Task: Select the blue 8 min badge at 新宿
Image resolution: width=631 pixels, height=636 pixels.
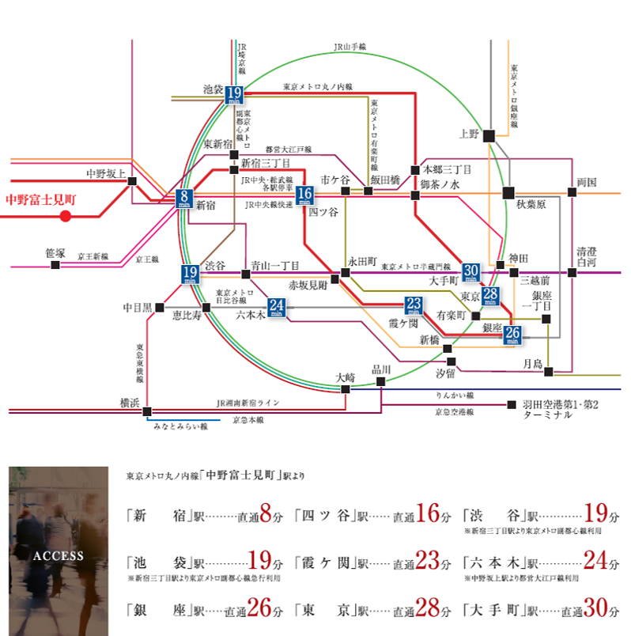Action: (x=184, y=199)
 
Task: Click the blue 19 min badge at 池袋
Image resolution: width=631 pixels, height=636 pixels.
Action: (x=234, y=95)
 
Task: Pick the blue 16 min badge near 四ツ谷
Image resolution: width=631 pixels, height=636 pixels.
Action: (x=305, y=195)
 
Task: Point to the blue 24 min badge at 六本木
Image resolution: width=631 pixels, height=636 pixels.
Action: (x=277, y=307)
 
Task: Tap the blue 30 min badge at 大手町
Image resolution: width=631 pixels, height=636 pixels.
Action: (x=472, y=273)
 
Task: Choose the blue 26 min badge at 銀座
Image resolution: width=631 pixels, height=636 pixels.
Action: (x=512, y=335)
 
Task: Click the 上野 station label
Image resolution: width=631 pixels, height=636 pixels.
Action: (x=469, y=134)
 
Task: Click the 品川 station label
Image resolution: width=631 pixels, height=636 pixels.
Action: (x=381, y=369)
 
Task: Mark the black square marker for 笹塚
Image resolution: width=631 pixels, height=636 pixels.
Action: (x=55, y=265)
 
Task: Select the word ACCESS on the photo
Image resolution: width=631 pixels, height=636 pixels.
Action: (x=58, y=555)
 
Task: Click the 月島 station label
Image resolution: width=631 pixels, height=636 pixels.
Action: (x=532, y=362)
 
